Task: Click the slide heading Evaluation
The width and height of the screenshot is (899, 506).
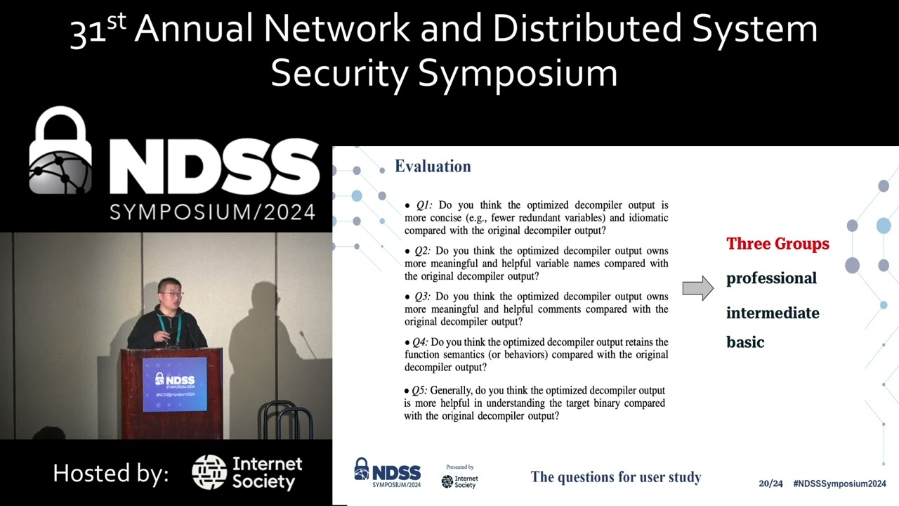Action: [x=433, y=167]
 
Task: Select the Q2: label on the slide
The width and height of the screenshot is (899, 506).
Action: [x=422, y=251]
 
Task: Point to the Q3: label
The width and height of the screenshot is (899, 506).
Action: [x=422, y=297]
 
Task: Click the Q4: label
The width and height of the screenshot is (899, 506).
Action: [x=420, y=342]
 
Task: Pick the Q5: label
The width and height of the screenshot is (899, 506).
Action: [x=419, y=390]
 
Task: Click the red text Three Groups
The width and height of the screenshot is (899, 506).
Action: [x=777, y=244]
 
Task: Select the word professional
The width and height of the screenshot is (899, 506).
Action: [x=771, y=278]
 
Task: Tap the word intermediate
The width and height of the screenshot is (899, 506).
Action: [x=773, y=313]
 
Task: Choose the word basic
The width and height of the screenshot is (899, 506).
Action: [x=745, y=342]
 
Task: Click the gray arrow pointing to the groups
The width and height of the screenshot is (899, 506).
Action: [x=697, y=287]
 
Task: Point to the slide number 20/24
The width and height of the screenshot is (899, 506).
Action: [x=770, y=484]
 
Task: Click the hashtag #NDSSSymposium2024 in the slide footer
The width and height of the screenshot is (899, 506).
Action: [x=839, y=484]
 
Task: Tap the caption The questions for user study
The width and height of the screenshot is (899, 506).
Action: [x=616, y=477]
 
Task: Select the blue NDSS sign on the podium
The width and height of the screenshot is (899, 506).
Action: [x=175, y=384]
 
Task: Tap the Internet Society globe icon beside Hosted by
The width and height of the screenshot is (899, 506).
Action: [x=209, y=472]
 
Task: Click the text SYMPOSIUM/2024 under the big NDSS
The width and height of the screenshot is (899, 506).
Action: [x=212, y=211]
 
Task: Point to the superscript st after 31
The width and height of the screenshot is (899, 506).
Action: [x=117, y=20]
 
